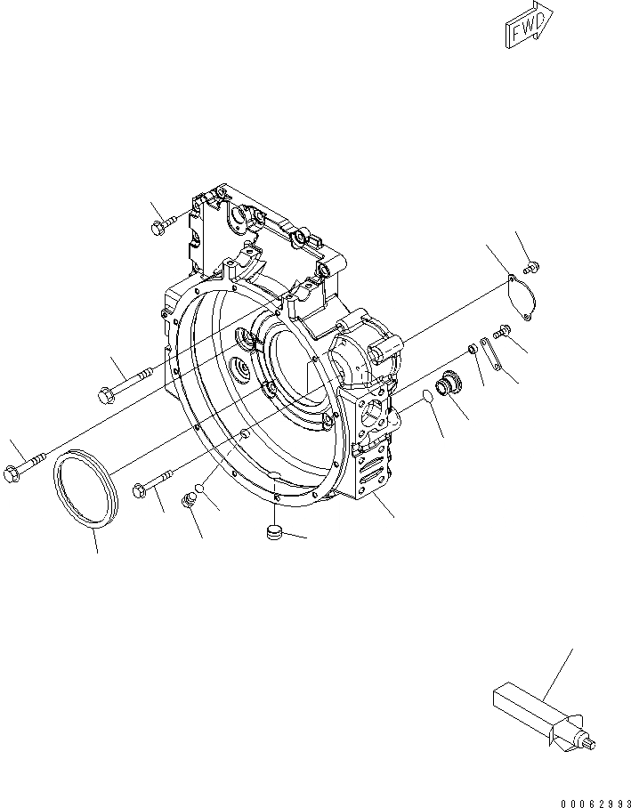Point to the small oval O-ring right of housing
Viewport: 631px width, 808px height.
tap(428, 394)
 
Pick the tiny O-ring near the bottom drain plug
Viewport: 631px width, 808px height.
tap(203, 488)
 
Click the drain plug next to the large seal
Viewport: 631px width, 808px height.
tap(189, 502)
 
